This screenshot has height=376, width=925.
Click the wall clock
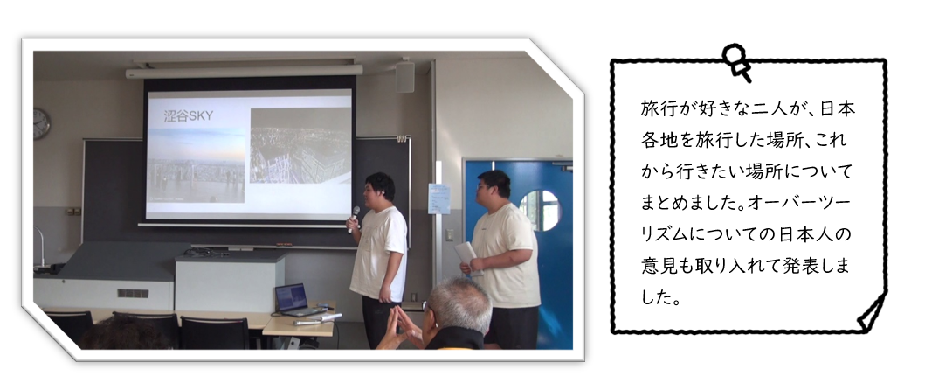[x=41, y=124]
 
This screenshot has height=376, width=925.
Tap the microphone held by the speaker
[x=354, y=219]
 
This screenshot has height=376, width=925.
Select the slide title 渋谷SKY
[x=189, y=116]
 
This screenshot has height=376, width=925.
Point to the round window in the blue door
[x=539, y=210]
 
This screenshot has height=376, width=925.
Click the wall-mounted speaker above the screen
[x=404, y=76]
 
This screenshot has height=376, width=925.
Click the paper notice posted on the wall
[x=438, y=198]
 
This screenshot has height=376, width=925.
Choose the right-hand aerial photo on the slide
[x=300, y=146]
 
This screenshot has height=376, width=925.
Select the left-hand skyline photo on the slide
[x=196, y=165]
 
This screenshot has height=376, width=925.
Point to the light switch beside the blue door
[x=450, y=234]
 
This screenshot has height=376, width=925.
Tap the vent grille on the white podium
[x=133, y=293]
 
